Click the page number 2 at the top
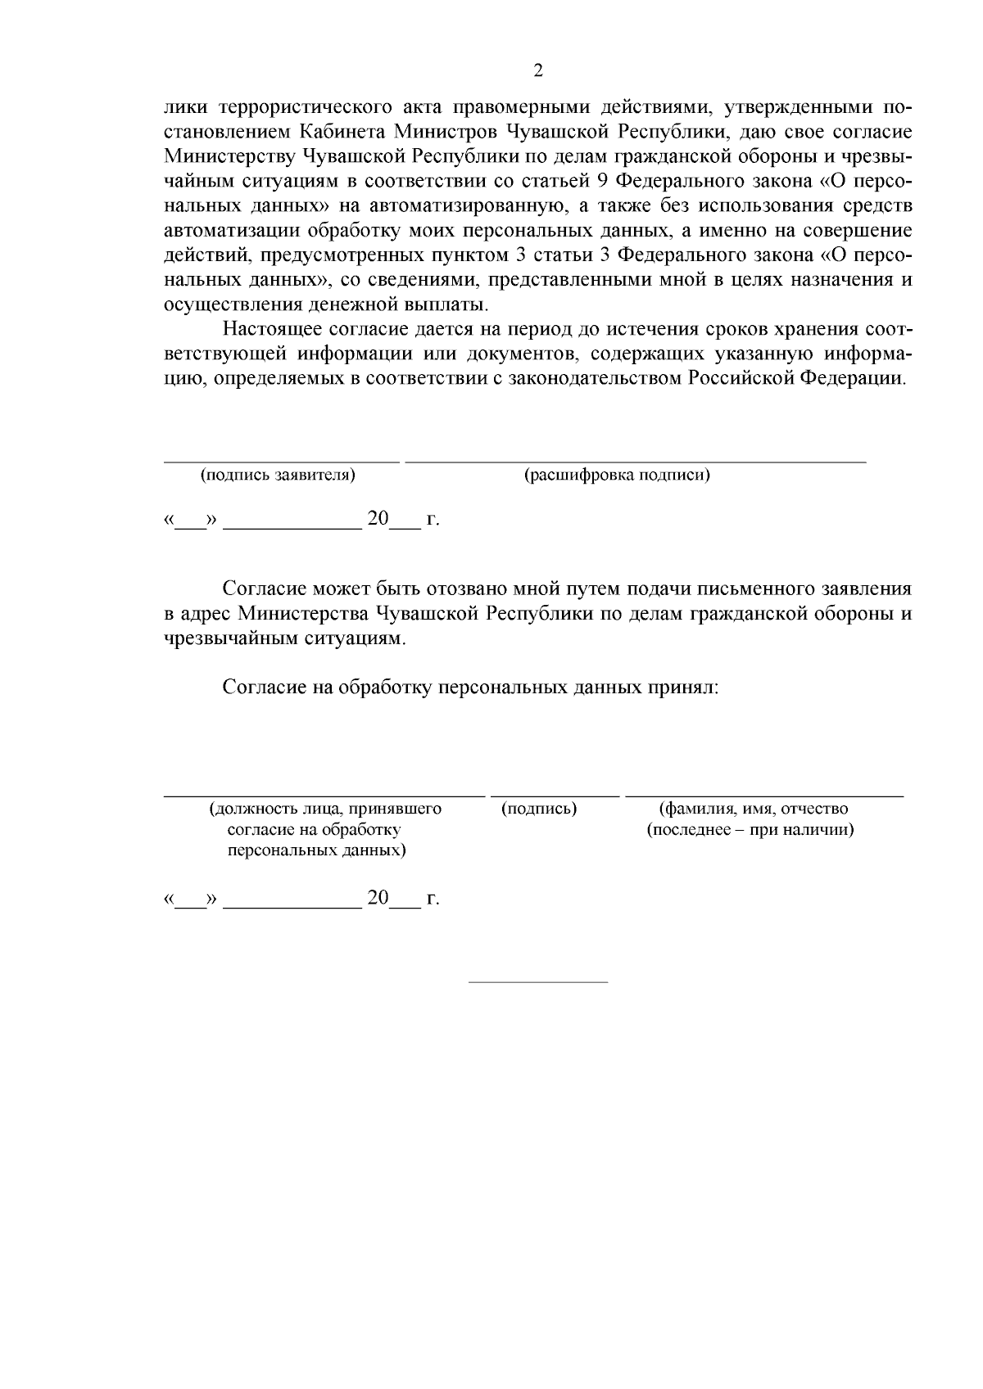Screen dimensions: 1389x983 pos(538,70)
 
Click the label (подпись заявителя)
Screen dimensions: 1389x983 pos(278,475)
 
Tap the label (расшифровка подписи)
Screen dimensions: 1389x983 pos(616,475)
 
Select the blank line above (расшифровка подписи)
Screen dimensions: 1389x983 pos(636,462)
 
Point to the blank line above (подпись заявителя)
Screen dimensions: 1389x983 pos(282,462)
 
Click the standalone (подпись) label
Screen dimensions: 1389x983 pos(538,809)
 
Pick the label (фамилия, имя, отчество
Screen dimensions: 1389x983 pos(754,809)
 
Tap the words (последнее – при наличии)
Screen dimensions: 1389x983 pos(750,830)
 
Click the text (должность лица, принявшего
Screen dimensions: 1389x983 pos(325,809)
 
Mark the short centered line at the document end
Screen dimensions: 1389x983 pos(537,981)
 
